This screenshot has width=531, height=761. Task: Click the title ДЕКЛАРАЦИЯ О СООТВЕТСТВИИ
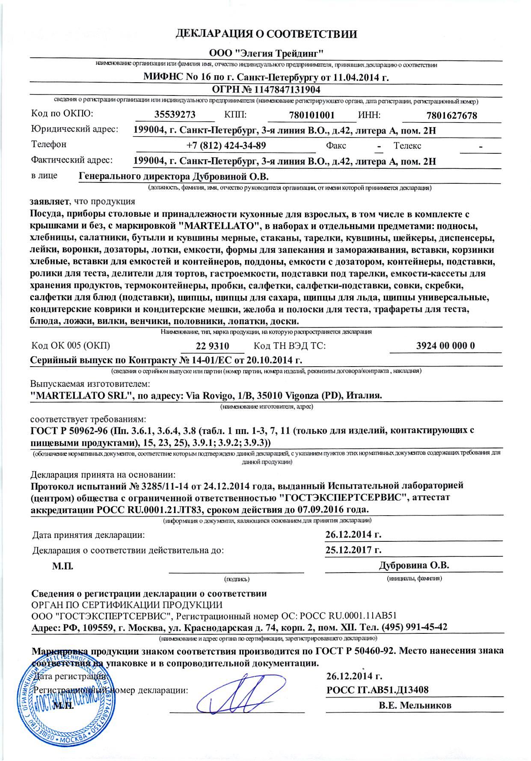(266, 34)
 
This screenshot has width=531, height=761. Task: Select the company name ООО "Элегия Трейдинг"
(266, 53)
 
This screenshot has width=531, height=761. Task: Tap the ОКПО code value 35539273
(175, 115)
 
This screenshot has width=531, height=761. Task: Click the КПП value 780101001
(311, 115)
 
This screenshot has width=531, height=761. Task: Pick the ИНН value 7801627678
(452, 115)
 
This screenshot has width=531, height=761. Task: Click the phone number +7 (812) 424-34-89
(226, 146)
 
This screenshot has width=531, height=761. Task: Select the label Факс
(336, 146)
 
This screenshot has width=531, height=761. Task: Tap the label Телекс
(407, 146)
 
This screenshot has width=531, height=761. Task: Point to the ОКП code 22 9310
(213, 346)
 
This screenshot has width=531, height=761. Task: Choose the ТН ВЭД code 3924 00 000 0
(445, 346)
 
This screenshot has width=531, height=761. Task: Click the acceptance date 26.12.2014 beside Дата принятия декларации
(353, 535)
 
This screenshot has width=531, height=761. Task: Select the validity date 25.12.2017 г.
(353, 550)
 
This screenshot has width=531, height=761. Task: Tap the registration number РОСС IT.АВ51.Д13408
(377, 690)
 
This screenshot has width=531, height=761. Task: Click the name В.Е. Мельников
(415, 705)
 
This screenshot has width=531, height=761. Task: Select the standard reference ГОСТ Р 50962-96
(71, 430)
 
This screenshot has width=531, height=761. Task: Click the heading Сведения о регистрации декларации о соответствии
(149, 594)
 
